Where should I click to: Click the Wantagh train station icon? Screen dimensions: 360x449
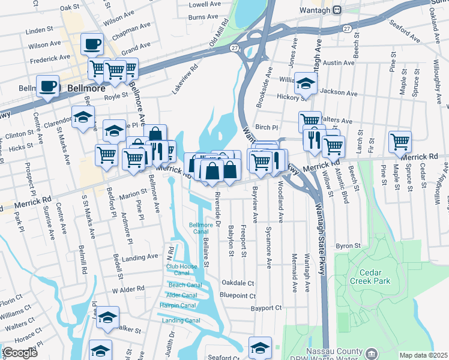point(337,10)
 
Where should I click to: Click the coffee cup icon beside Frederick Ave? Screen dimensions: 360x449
point(92,44)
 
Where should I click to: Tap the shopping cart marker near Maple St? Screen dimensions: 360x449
point(399,142)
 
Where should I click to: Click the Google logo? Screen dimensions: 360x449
point(20,353)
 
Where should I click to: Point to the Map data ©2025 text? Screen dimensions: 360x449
point(423,355)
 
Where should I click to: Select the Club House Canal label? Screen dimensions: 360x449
point(181,269)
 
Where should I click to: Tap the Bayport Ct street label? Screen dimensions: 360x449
point(267,308)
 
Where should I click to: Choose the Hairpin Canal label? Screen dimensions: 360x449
point(178,305)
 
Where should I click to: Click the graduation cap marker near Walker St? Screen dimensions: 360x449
point(107,318)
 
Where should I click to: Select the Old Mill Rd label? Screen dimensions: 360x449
point(219,34)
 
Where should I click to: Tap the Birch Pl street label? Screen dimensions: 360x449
point(267,127)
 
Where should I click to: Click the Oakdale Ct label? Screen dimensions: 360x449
point(238,283)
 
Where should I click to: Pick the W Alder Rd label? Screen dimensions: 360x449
point(128,289)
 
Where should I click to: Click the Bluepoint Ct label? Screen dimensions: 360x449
point(237,295)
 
